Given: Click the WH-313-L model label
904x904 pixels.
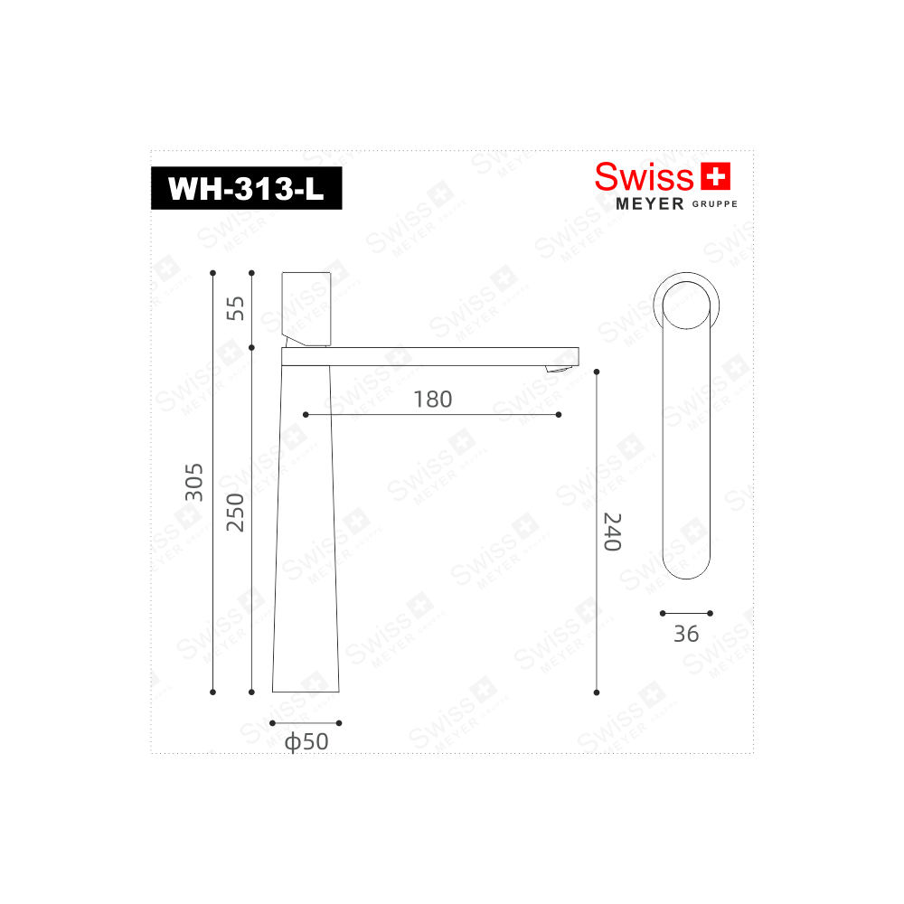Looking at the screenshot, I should (246, 189).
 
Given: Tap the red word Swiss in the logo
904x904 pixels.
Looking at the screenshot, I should (644, 176).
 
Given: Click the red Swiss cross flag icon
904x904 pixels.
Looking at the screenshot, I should (715, 175).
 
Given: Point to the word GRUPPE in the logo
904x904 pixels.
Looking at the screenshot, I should (715, 205).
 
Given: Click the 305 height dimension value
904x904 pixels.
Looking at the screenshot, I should (193, 483).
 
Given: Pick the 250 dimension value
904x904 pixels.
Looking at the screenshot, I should (235, 513).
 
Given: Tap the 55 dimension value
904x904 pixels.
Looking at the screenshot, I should (235, 308).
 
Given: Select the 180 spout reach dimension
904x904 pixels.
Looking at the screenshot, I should (432, 399).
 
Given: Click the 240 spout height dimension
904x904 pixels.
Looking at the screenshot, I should (612, 532).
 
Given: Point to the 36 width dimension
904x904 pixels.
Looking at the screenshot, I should (686, 634).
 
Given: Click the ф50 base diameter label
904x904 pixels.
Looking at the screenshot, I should (306, 742).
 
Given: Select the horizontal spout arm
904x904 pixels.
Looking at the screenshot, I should (429, 356).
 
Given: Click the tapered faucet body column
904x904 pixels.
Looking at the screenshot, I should (306, 529).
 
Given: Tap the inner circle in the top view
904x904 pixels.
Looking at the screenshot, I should (686, 304).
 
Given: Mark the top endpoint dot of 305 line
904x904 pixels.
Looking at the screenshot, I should (212, 272).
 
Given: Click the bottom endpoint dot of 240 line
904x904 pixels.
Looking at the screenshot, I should (597, 692).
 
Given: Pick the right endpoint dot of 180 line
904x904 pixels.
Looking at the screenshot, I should (559, 415).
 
